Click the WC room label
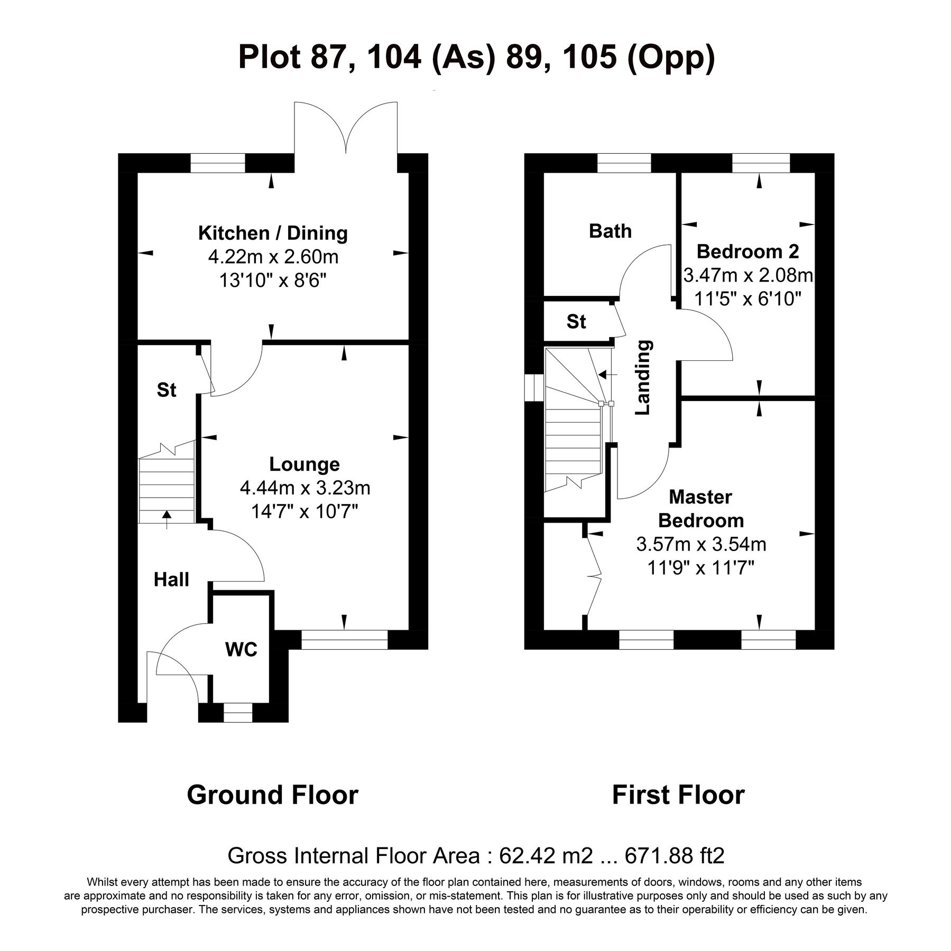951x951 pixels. pyautogui.click(x=241, y=649)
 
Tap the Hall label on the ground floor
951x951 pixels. pyautogui.click(x=171, y=580)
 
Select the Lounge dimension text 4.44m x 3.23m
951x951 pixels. pyautogui.click(x=305, y=488)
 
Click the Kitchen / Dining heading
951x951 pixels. pyautogui.click(x=273, y=233)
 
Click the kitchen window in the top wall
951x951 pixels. pyautogui.click(x=218, y=163)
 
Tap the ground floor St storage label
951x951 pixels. pyautogui.click(x=167, y=390)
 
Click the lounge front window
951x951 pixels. pyautogui.click(x=345, y=640)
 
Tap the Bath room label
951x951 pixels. pyautogui.click(x=610, y=231)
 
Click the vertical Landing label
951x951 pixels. pyautogui.click(x=642, y=377)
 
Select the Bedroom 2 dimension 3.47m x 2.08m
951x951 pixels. pyautogui.click(x=747, y=275)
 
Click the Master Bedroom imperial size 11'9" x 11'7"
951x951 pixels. pyautogui.click(x=701, y=568)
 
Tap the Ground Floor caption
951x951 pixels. pyautogui.click(x=272, y=795)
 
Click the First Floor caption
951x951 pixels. pyautogui.click(x=678, y=795)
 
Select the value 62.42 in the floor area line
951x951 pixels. pyautogui.click(x=522, y=855)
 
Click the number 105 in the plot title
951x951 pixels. pyautogui.click(x=590, y=57)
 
